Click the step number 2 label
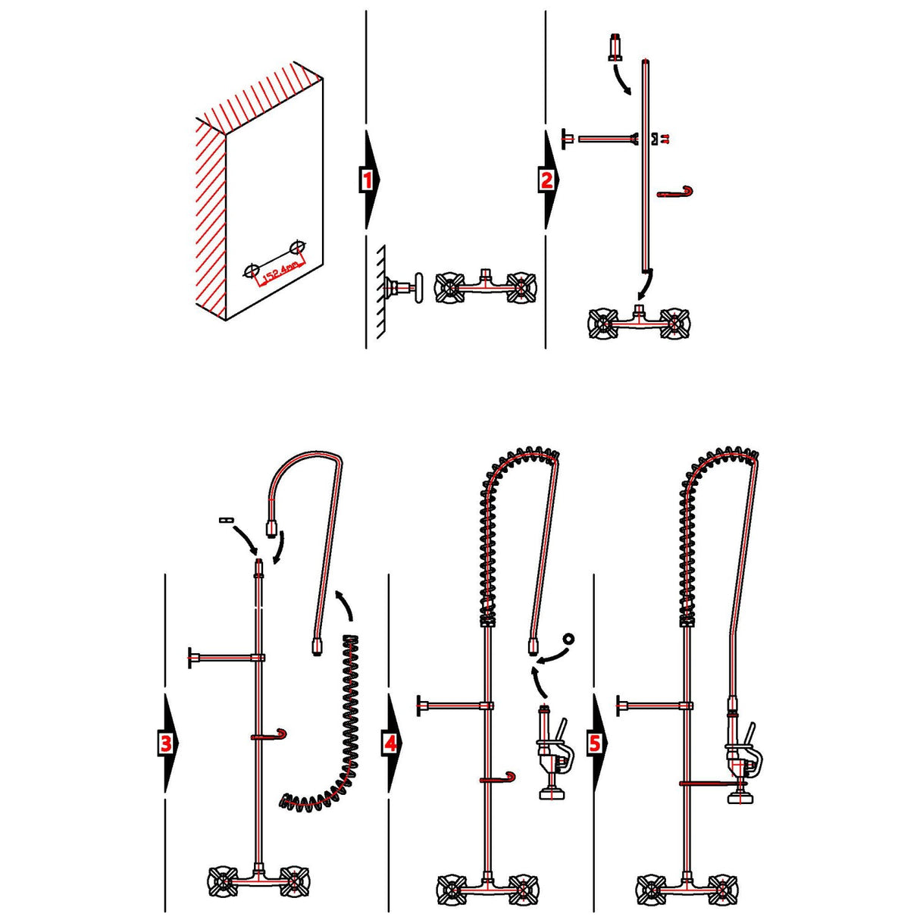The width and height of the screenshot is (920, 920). pos(547,180)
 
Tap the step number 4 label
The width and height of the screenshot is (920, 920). pos(390,743)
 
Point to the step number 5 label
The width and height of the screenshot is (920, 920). pos(596,743)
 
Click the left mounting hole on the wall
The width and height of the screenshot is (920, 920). pos(253,270)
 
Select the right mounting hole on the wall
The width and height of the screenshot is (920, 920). pos(298,247)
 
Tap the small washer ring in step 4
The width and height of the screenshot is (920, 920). pos(568,638)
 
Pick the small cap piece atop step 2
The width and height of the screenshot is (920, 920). pos(615,47)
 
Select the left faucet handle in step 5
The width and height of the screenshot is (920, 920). pos(650,888)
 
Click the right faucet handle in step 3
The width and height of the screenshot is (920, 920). pos(294,881)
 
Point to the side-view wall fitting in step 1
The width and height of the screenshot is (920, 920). pos(402,287)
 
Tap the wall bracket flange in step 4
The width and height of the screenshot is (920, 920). pos(419,706)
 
